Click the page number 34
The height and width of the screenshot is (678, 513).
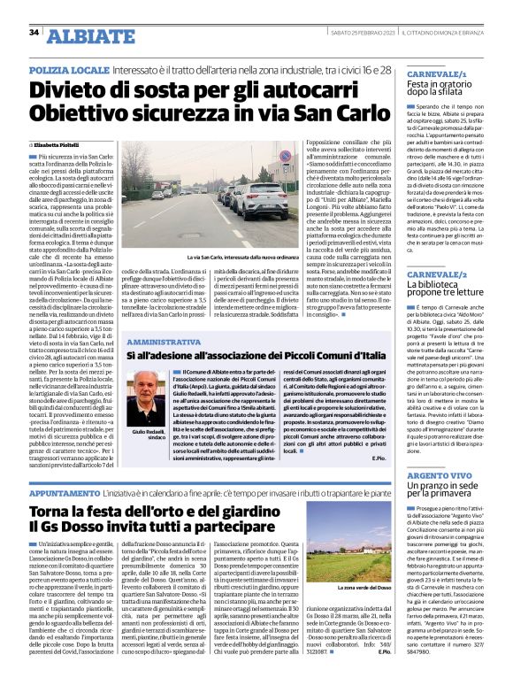[x=34, y=33]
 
